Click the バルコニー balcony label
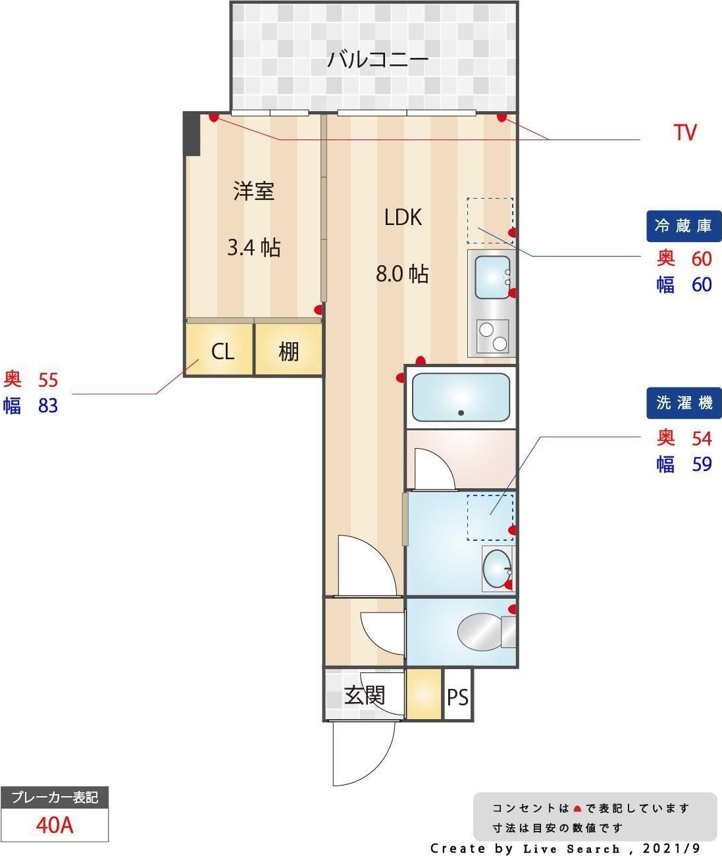coord(377,59)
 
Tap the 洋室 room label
coord(253,191)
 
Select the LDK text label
coord(403,217)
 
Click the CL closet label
coord(222,351)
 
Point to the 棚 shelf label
coord(288,351)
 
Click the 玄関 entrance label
coord(364,695)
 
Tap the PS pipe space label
coord(457,697)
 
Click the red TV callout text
coord(685,132)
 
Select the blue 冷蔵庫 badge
coord(684,226)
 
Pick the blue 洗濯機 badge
coord(684,403)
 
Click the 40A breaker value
coord(55,825)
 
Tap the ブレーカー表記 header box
coord(55,797)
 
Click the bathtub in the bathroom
coord(461,397)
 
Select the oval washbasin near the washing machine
coord(497,569)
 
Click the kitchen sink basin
coord(492,277)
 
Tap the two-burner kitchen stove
coord(493,336)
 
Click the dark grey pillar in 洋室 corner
coord(191,134)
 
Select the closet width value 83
coord(48,405)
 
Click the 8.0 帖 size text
coord(402,274)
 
